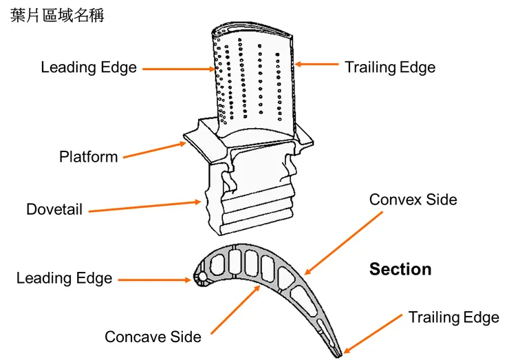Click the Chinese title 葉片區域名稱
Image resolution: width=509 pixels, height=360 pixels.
[58, 16]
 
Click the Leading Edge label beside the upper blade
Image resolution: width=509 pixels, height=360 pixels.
[89, 67]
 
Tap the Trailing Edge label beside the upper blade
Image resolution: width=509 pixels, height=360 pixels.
[390, 67]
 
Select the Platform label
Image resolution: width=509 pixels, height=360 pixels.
[89, 157]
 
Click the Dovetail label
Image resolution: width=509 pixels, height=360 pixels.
[54, 209]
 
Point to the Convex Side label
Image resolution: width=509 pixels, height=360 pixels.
[413, 200]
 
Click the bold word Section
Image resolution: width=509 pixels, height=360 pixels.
[400, 269]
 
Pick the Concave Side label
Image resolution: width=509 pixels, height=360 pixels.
[153, 337]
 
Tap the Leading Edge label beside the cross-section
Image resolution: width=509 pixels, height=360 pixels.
[64, 278]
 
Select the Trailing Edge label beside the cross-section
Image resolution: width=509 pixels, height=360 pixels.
[453, 317]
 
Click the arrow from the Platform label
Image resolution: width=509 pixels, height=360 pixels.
[155, 150]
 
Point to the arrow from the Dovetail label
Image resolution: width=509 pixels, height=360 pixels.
[145, 206]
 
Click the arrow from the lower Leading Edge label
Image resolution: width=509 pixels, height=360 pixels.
[155, 279]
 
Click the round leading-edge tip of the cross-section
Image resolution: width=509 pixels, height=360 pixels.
[200, 278]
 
